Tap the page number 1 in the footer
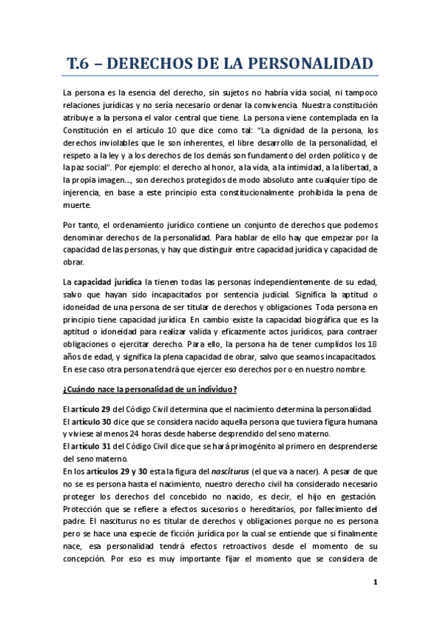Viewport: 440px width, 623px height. point(375,583)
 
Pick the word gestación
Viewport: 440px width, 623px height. point(354,497)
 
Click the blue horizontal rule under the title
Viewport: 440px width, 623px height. point(220,76)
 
